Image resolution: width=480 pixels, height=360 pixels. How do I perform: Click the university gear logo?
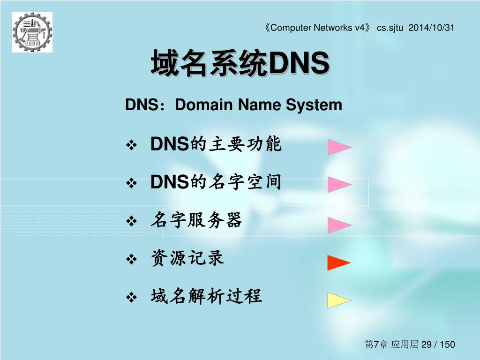coord(32,32)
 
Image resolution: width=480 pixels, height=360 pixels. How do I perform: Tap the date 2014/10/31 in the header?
coord(432,28)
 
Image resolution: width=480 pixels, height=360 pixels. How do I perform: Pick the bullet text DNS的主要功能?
coord(216,144)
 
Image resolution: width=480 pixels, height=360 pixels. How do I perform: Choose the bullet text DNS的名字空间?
coord(216,182)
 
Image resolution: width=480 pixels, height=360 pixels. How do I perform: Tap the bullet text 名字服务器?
coord(196,220)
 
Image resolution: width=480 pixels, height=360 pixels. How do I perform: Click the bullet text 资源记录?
coord(187,258)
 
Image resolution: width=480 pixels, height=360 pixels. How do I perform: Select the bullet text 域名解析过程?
coord(206,296)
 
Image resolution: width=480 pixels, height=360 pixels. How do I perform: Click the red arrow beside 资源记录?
coord(339,262)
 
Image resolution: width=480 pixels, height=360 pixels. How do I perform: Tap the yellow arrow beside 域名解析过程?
coord(339,300)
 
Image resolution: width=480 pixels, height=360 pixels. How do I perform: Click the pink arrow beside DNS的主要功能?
coord(339,147)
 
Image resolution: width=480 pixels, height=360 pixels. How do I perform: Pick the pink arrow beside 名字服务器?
coord(339,225)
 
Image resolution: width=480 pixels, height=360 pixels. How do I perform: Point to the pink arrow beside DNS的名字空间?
coord(339,184)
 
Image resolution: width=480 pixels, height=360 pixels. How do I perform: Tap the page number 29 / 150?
coord(438,345)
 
